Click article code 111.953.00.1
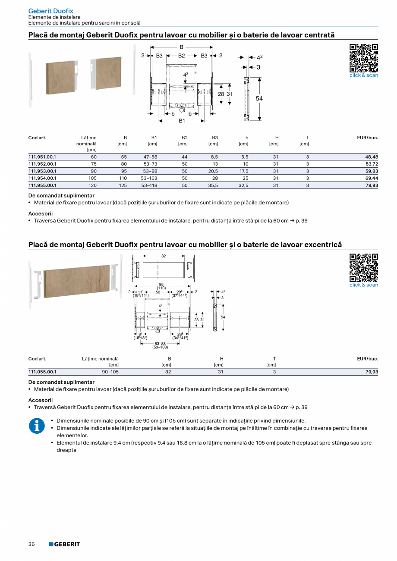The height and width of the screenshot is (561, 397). [x=42, y=171]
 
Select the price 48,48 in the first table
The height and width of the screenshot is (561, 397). [x=372, y=157]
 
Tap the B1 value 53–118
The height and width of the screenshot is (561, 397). [x=149, y=185]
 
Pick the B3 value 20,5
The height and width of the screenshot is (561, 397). [x=213, y=171]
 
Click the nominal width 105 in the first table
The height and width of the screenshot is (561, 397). [x=92, y=178]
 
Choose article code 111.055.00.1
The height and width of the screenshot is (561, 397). [x=42, y=372]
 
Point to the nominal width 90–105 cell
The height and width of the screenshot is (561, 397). [x=110, y=372]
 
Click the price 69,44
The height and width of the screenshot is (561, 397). [x=372, y=178]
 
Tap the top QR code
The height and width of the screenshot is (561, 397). [x=364, y=58]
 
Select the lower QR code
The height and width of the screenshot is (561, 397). [x=364, y=267]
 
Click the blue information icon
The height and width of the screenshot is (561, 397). [x=37, y=426]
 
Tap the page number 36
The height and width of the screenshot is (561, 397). [x=32, y=544]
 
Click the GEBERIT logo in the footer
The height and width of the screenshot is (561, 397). [x=64, y=544]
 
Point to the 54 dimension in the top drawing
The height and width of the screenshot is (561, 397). [x=259, y=98]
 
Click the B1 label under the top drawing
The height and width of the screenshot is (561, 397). [x=182, y=121]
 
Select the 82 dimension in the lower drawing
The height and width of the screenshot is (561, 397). [x=164, y=256]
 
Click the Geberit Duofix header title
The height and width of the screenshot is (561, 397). [x=50, y=11]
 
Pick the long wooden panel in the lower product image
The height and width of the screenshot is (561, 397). [x=77, y=280]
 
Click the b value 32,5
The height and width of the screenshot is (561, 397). [x=243, y=185]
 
